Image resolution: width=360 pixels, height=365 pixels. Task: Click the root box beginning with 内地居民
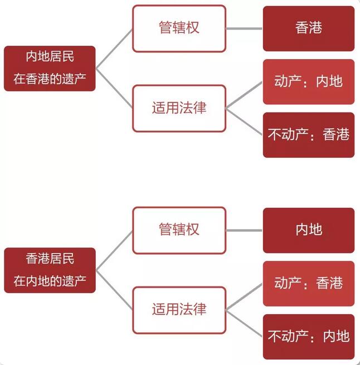[50, 68]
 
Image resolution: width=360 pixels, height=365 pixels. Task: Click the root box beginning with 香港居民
[50, 270]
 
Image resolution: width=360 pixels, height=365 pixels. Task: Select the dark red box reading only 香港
[308, 28]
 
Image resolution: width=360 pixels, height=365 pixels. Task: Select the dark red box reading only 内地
[308, 230]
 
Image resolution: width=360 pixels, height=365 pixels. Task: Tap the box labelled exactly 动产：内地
[308, 82]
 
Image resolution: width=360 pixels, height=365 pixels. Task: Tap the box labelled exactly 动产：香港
[308, 283]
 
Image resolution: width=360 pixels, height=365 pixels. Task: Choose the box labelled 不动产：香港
[308, 135]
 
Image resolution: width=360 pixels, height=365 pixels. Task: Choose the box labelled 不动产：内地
[308, 336]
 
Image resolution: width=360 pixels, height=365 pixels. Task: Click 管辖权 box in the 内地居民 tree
[179, 28]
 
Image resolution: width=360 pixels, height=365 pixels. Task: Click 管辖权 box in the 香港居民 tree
[179, 230]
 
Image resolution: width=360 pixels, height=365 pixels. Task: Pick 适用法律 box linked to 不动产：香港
[179, 108]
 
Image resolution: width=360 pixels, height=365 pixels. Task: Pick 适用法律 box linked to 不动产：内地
[179, 309]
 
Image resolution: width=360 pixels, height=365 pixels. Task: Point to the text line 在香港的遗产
[50, 79]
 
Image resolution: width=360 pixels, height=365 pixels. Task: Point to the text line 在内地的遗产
[50, 281]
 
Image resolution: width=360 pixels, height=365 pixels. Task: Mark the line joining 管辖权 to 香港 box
[244, 28]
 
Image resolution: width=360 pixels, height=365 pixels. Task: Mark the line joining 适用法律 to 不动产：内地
[244, 323]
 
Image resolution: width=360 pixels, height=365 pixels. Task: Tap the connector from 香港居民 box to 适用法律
[114, 290]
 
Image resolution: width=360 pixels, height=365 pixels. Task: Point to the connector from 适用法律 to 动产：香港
[244, 296]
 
